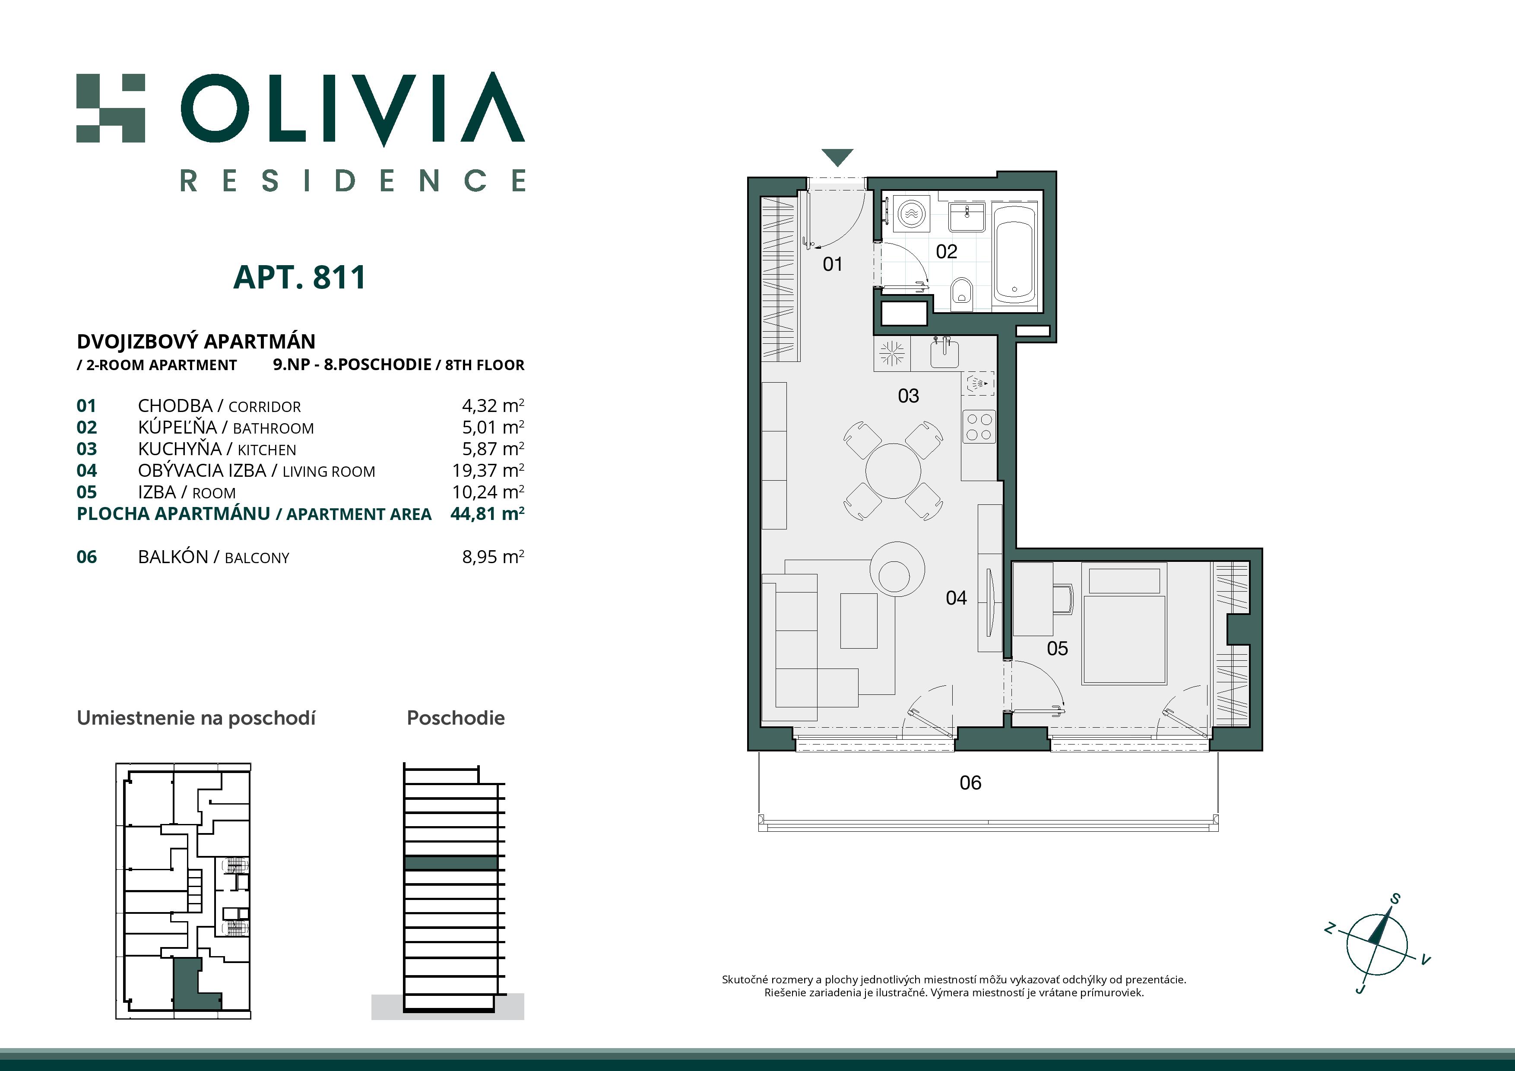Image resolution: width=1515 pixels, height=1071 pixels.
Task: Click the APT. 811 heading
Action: [x=300, y=278]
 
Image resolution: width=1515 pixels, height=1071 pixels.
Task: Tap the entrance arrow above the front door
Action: [x=837, y=156]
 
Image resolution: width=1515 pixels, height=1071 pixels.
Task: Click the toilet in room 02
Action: [x=963, y=294]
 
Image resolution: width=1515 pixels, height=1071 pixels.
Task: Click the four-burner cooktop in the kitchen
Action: [x=979, y=426]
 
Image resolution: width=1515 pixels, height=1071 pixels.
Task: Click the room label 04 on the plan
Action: [x=956, y=598]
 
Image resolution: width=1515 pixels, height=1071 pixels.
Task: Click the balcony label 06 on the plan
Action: [x=970, y=783]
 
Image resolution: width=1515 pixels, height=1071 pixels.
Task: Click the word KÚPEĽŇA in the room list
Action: [x=177, y=428]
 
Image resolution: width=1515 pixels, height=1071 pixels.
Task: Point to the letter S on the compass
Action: [x=1395, y=899]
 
